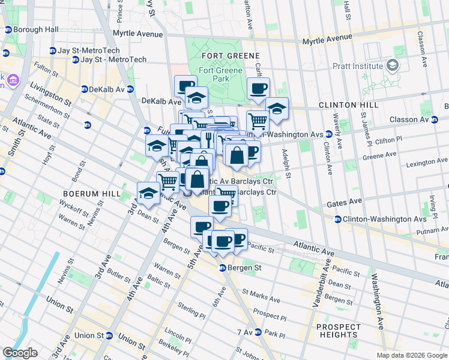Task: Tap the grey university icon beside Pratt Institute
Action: [393, 65]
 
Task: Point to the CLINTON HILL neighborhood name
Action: [348, 105]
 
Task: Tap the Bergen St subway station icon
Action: [222, 268]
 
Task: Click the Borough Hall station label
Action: [35, 29]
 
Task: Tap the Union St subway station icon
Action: [109, 335]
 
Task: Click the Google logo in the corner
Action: [20, 353]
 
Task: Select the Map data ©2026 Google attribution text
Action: [411, 355]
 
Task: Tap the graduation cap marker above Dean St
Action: [148, 193]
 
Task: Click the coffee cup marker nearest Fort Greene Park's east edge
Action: [258, 89]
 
